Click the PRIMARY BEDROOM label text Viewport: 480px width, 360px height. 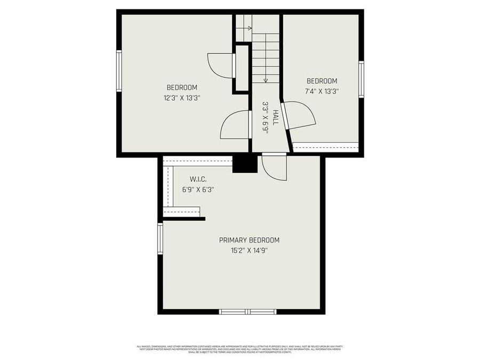click(x=249, y=240)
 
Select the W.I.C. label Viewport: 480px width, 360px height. click(x=198, y=179)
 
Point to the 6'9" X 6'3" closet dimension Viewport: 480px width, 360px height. click(x=198, y=189)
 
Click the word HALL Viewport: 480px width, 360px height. click(x=275, y=117)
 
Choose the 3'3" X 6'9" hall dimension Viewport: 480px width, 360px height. click(x=265, y=117)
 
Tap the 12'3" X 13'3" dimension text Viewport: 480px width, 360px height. click(x=182, y=98)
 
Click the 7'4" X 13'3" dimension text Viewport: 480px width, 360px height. click(x=322, y=91)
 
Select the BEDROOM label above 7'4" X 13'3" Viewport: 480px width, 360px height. click(x=322, y=81)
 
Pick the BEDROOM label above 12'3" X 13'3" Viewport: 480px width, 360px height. click(x=182, y=88)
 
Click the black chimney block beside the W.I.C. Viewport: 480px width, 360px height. click(x=245, y=164)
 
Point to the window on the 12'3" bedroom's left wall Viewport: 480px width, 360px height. click(x=119, y=71)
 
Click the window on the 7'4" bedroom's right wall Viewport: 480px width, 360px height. click(x=361, y=79)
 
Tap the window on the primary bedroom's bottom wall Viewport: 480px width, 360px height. click(x=248, y=311)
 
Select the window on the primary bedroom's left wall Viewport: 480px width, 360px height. click(x=160, y=238)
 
